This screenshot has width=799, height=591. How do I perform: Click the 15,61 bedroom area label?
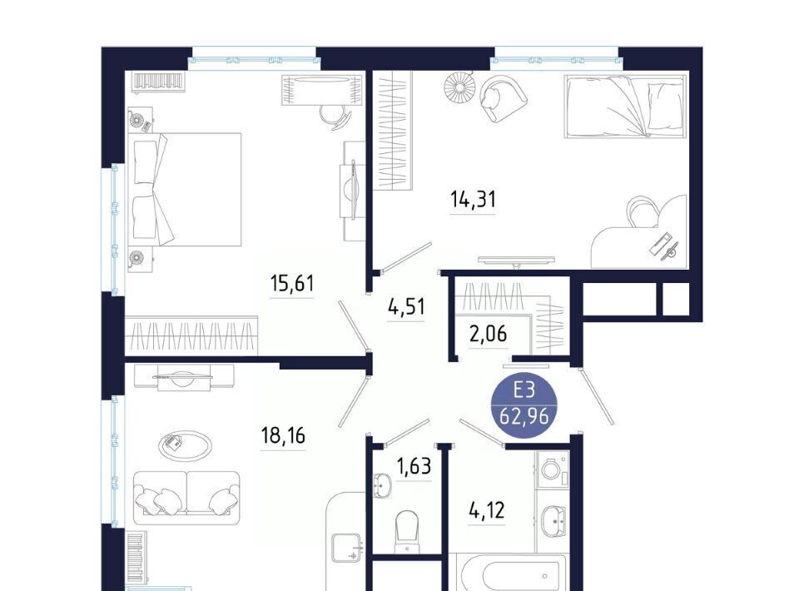tap(292, 283)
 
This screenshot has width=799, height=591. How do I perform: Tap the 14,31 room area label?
tap(473, 199)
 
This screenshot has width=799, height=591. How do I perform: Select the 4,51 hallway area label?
tap(406, 307)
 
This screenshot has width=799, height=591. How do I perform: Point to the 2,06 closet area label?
tap(488, 335)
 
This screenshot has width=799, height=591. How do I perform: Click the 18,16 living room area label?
tap(283, 435)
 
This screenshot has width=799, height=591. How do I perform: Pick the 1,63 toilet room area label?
tap(414, 465)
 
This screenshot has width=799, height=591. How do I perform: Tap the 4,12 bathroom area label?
tap(487, 509)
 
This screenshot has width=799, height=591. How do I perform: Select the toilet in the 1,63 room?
tap(407, 531)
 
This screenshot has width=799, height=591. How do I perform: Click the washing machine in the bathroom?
tap(552, 468)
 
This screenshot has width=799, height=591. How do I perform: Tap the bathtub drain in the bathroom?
tap(545, 577)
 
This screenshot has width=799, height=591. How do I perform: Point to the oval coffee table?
tap(185, 445)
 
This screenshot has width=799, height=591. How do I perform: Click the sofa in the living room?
tap(186, 499)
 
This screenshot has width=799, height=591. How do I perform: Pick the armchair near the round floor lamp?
tap(502, 98)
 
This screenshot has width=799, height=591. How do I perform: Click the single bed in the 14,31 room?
tap(625, 106)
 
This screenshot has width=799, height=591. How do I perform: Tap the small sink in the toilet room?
tap(383, 485)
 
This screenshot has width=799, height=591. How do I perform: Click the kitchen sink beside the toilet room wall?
tap(346, 547)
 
